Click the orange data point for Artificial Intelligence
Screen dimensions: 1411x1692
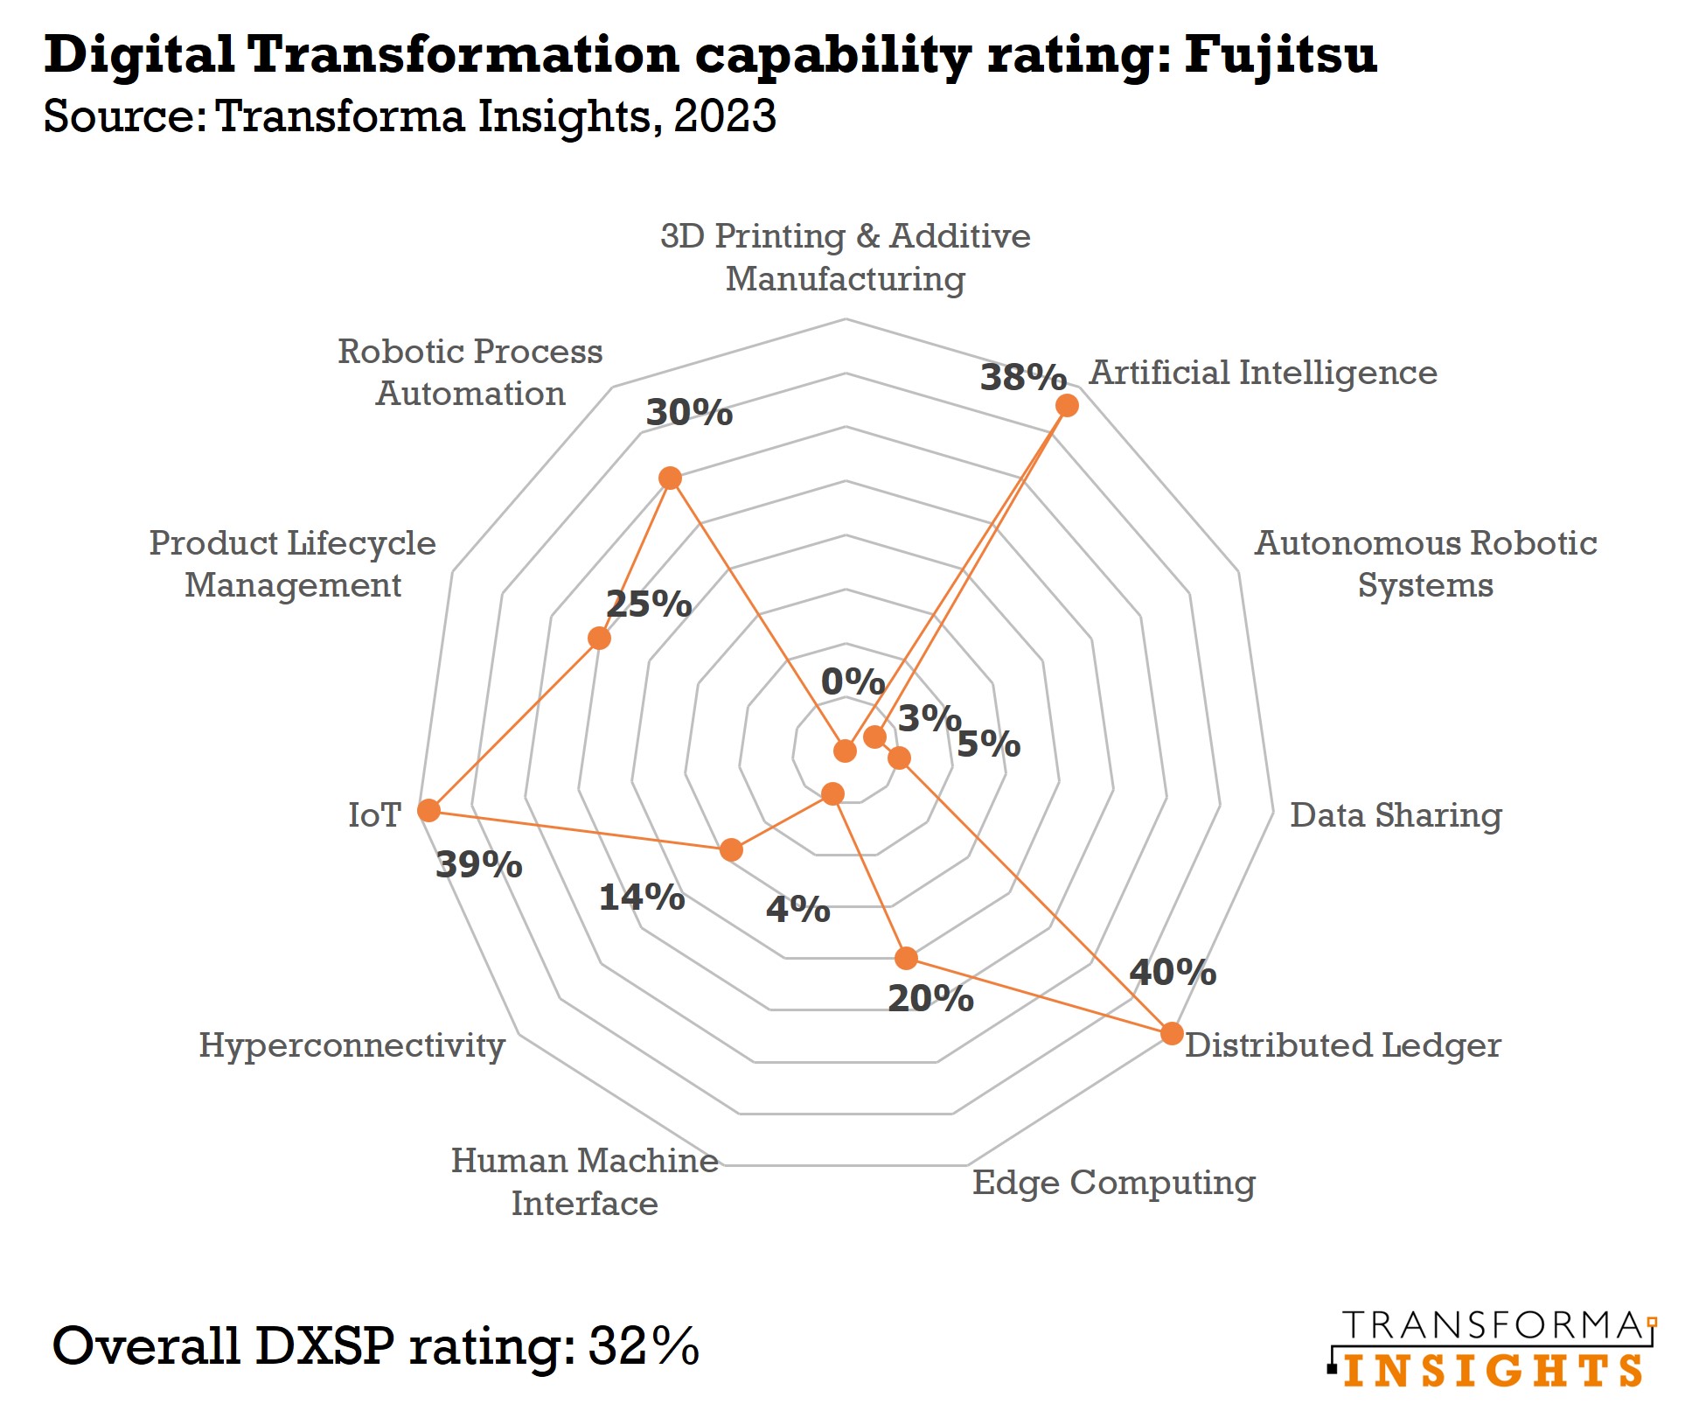[x=1066, y=405]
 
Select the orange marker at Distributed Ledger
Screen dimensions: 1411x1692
[x=1172, y=1033]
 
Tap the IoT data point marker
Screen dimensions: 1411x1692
[x=428, y=810]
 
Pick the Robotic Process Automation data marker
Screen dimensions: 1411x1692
[x=670, y=478]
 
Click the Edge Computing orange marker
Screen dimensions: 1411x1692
[x=907, y=958]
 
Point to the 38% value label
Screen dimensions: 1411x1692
[x=1022, y=377]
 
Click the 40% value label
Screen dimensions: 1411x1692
[x=1172, y=972]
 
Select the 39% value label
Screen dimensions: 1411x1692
[x=478, y=864]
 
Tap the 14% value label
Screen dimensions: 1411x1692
[x=641, y=897]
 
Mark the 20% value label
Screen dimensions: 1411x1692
[x=930, y=998]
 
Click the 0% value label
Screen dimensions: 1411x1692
[x=853, y=681]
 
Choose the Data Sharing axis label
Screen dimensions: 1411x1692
[x=1396, y=814]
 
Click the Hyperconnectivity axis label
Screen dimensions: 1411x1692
[x=352, y=1044]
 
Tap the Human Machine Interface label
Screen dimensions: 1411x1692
[x=584, y=1181]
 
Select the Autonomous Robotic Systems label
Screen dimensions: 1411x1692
[x=1425, y=563]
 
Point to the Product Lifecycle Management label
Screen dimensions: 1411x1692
[x=292, y=563]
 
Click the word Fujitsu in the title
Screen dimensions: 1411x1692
[x=1280, y=54]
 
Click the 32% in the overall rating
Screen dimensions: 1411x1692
[x=644, y=1345]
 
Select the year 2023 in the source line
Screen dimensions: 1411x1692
[x=725, y=115]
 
